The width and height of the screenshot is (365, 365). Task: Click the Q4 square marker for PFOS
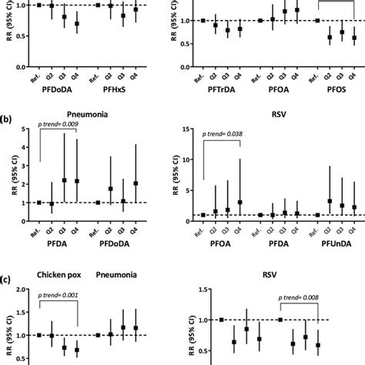[x=353, y=37]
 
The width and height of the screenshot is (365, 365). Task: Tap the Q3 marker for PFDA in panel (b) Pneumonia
[x=64, y=180]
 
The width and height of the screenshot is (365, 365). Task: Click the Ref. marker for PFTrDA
[x=203, y=20]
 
